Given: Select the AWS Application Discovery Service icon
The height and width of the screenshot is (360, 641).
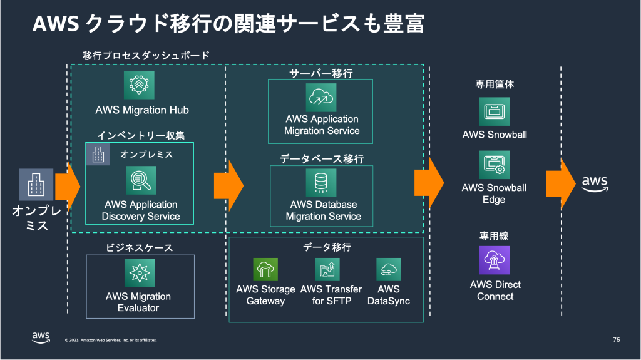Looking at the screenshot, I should pyautogui.click(x=141, y=180).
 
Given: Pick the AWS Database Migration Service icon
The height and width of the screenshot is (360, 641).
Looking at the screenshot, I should pyautogui.click(x=320, y=183).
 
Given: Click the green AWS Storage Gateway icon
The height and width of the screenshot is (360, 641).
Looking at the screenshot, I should pyautogui.click(x=265, y=269).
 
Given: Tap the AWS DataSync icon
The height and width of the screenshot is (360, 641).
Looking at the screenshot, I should pyautogui.click(x=388, y=269).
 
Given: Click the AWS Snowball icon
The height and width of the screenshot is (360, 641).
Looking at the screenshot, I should pyautogui.click(x=494, y=111).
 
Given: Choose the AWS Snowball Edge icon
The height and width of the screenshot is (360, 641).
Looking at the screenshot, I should pyautogui.click(x=494, y=165).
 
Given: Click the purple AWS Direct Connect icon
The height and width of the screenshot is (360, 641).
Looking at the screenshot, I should pyautogui.click(x=494, y=260).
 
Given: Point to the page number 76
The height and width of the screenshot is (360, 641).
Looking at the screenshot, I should pyautogui.click(x=616, y=339).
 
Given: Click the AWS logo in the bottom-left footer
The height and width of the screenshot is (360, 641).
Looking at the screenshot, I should pyautogui.click(x=41, y=338).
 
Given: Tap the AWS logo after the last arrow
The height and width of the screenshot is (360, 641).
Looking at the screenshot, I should pyautogui.click(x=594, y=183).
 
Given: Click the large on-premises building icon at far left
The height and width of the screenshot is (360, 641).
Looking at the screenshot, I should pyautogui.click(x=36, y=185).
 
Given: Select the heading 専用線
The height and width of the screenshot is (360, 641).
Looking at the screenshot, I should pyautogui.click(x=494, y=236).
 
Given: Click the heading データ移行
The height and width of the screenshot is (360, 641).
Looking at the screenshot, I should pyautogui.click(x=327, y=247).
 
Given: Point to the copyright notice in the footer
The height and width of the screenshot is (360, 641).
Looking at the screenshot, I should pyautogui.click(x=111, y=340).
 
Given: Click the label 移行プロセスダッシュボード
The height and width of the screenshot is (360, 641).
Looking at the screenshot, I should pyautogui.click(x=146, y=56).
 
